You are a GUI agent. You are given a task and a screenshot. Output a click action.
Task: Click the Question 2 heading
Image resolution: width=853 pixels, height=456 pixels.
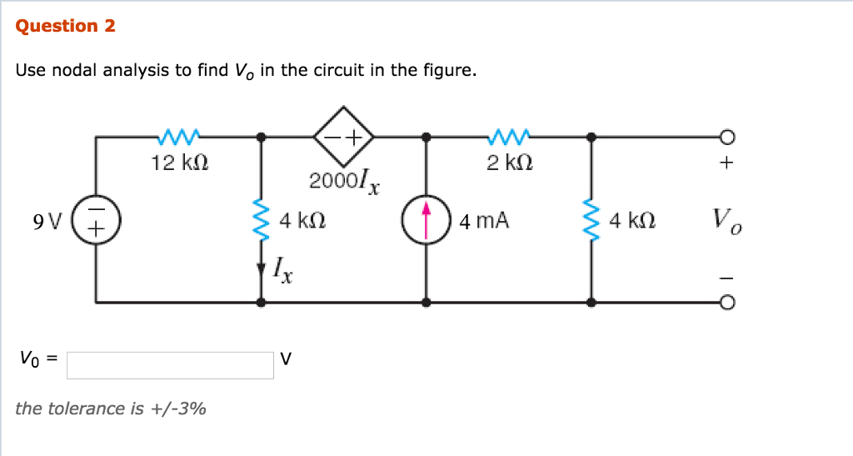pyautogui.click(x=66, y=26)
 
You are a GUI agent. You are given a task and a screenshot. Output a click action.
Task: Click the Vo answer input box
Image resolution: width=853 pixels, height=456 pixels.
pyautogui.click(x=170, y=365)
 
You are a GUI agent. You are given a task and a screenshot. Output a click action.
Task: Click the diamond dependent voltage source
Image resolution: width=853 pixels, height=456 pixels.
pyautogui.click(x=342, y=135)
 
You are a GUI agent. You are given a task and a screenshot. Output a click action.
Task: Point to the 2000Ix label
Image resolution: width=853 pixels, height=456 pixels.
pyautogui.click(x=344, y=181)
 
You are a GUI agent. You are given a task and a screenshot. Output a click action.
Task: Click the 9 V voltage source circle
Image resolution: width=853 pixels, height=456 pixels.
pyautogui.click(x=97, y=221)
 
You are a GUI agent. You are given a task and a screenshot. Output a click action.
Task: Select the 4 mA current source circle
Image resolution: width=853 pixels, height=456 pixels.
pyautogui.click(x=426, y=221)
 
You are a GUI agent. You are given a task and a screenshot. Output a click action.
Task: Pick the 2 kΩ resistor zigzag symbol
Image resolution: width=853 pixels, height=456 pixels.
pyautogui.click(x=509, y=134)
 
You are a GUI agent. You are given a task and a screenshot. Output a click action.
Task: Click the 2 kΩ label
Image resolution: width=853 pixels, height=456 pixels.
pyautogui.click(x=509, y=163)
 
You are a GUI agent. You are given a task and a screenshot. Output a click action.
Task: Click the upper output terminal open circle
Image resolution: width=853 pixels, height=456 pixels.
pyautogui.click(x=727, y=136)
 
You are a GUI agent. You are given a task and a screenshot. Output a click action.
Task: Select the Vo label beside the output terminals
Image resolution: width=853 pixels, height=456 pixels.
pyautogui.click(x=727, y=221)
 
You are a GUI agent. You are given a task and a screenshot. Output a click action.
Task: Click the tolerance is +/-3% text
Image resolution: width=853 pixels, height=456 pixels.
pyautogui.click(x=111, y=408)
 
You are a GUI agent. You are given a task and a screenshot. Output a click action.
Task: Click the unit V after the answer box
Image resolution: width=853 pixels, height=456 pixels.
pyautogui.click(x=287, y=359)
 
